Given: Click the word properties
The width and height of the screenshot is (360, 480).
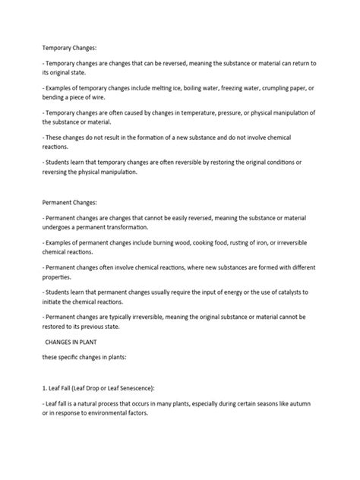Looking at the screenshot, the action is (64, 279).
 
